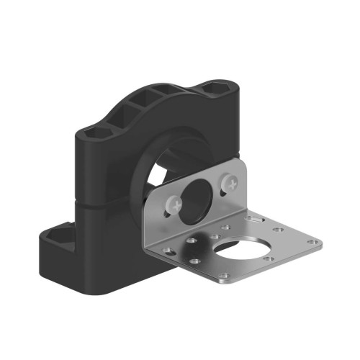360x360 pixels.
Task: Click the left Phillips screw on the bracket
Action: pos(174,207)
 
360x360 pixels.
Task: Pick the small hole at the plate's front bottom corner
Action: pos(224,276)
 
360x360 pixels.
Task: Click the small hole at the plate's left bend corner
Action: pos(168,251)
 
